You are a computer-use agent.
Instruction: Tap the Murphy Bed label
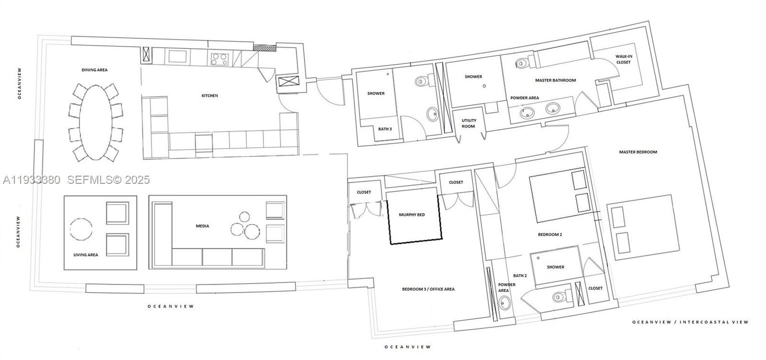411,214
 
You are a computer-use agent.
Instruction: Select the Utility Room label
468,123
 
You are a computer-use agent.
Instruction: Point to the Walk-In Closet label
623,59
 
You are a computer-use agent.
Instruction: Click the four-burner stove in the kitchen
218,59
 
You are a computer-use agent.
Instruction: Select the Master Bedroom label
637,152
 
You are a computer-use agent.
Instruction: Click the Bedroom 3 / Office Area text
428,289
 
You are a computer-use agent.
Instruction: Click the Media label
202,226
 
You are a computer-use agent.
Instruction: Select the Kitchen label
209,95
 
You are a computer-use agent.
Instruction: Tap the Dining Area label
94,70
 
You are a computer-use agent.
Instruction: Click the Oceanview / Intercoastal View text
690,322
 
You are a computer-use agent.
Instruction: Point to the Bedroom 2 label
547,234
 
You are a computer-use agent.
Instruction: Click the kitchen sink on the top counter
177,55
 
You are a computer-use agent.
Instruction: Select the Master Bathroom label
555,80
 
